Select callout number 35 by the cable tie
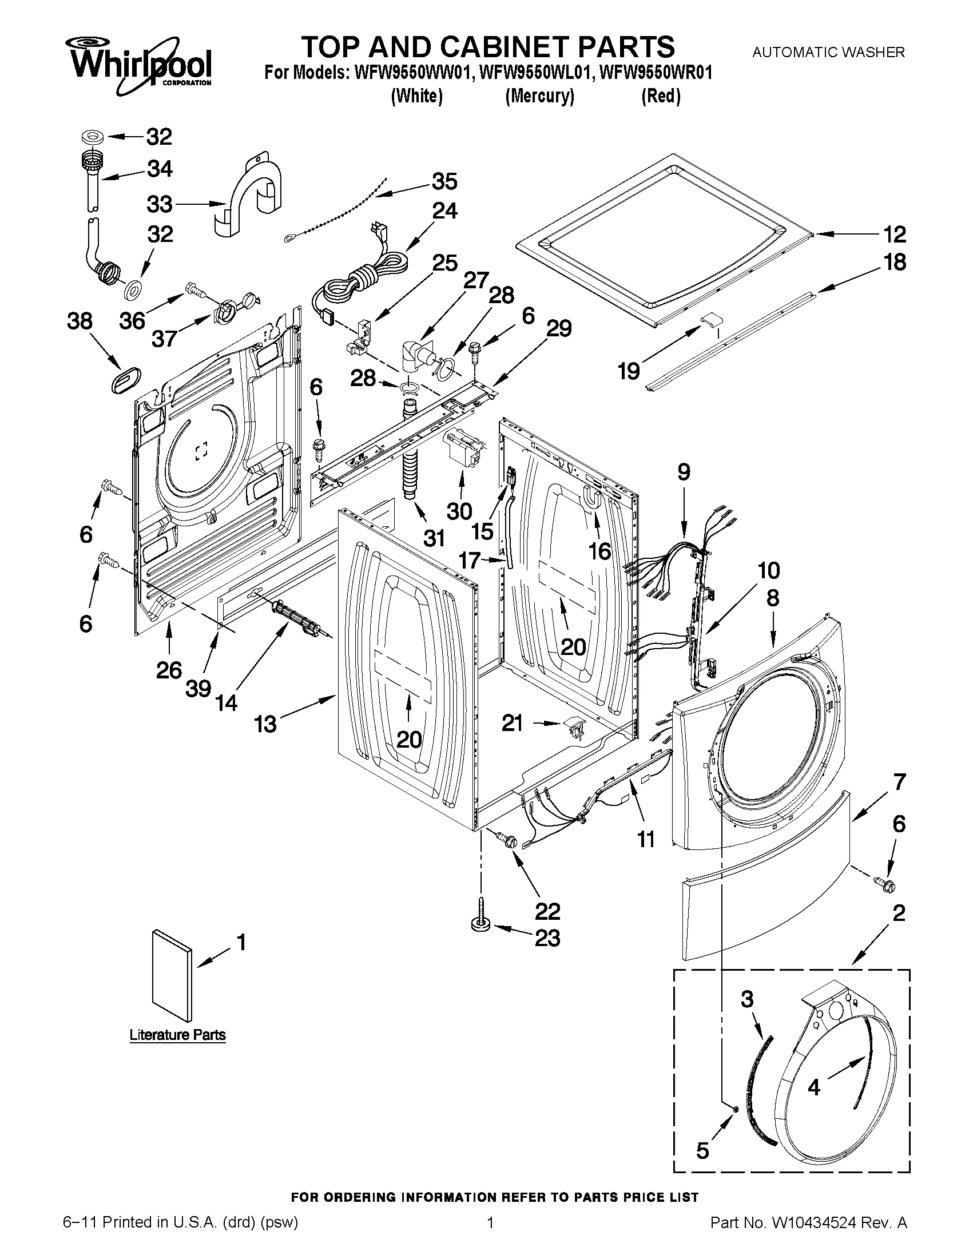pyautogui.click(x=444, y=181)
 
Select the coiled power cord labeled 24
pyautogui.click(x=363, y=277)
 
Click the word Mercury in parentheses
pyautogui.click(x=539, y=96)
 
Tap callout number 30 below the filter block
pyautogui.click(x=459, y=511)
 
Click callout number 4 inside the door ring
pyautogui.click(x=813, y=1087)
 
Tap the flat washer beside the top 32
pyautogui.click(x=92, y=137)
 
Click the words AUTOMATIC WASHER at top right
pyautogui.click(x=828, y=53)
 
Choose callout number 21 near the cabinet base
pyautogui.click(x=513, y=722)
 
